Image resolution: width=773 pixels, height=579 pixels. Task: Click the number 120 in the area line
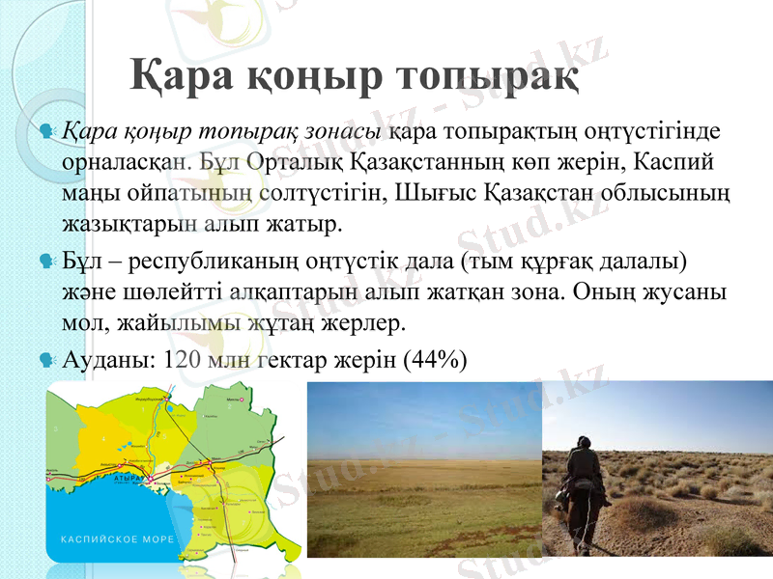coord(184,361)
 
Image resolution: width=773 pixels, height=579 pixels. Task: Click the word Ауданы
coord(104,361)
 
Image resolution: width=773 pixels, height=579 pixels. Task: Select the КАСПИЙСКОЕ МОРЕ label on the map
coord(118,538)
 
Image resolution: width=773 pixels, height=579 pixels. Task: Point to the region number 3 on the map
coord(55,428)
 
